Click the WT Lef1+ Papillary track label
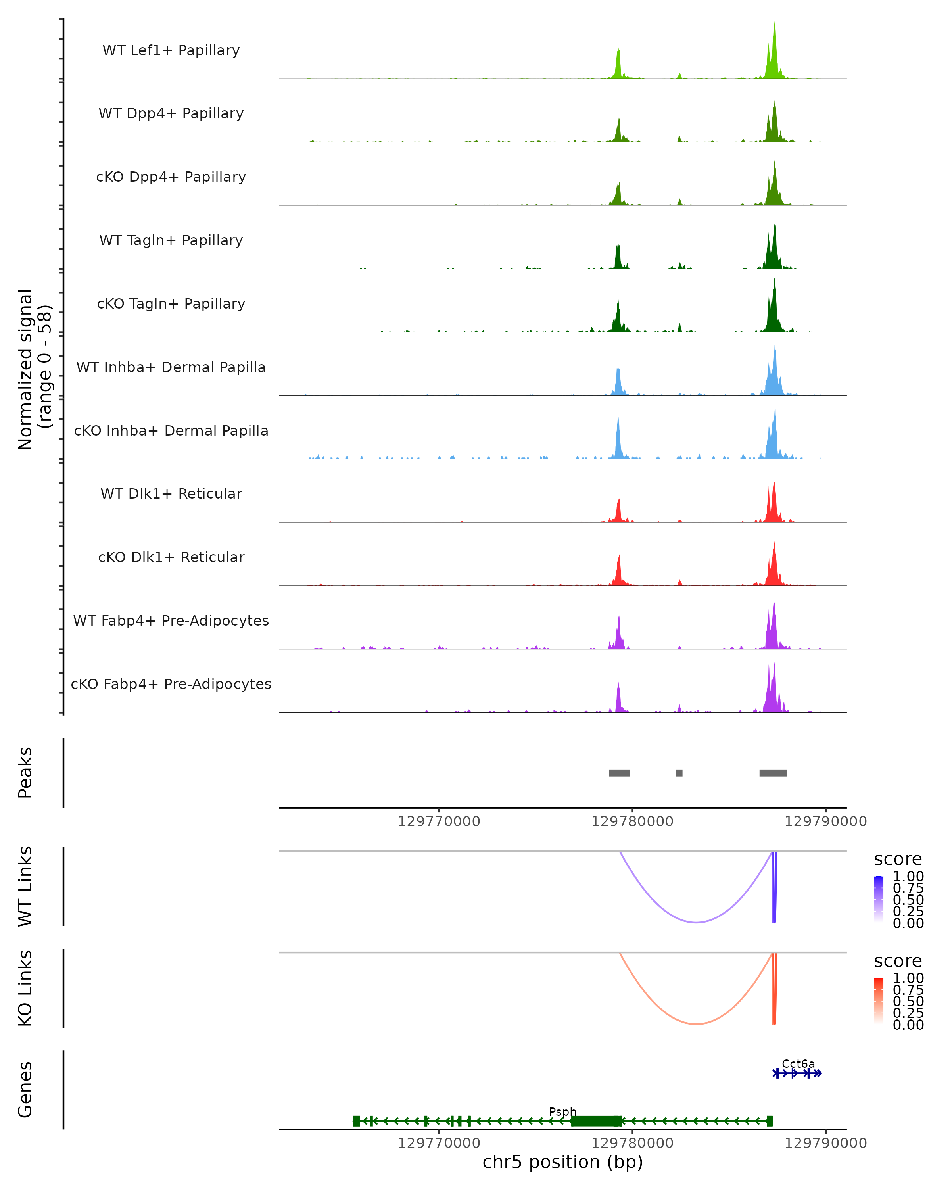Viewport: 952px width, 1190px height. click(171, 50)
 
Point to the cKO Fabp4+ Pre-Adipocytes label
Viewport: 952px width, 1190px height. click(171, 684)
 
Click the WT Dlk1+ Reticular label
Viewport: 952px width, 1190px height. click(171, 493)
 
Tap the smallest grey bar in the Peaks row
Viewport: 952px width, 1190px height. click(679, 773)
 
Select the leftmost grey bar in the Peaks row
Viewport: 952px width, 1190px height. click(619, 773)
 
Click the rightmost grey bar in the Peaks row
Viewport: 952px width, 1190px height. click(773, 773)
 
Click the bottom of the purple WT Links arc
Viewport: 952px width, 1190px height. click(697, 922)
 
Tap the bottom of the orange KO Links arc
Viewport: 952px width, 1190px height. click(697, 1024)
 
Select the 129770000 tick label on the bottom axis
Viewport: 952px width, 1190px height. click(439, 1143)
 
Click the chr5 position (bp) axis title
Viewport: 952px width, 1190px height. click(562, 1162)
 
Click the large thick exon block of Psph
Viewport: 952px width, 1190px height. click(596, 1121)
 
